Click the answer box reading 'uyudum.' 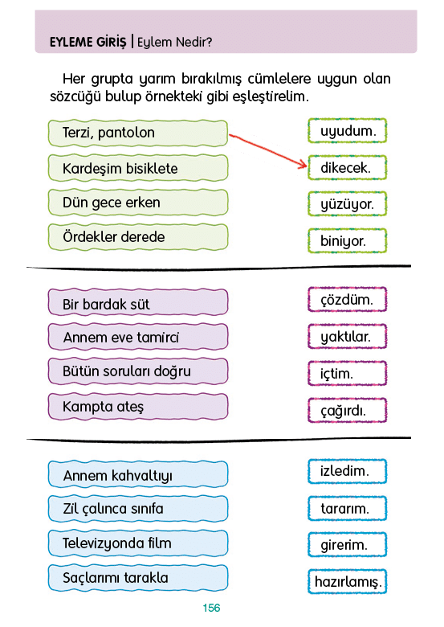click(x=348, y=131)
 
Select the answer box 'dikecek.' click(x=348, y=167)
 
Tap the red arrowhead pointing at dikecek click(x=303, y=164)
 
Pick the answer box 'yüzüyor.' click(x=348, y=204)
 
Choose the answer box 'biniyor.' click(x=348, y=240)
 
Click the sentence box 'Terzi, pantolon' click(x=138, y=133)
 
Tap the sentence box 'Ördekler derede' click(x=138, y=237)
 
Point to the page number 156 click(x=211, y=608)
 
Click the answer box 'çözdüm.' click(x=348, y=300)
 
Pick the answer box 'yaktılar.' click(x=348, y=336)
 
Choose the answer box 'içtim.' click(x=348, y=374)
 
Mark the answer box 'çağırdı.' click(x=348, y=410)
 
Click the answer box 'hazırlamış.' click(x=348, y=581)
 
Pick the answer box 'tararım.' click(x=348, y=508)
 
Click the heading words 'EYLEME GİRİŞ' click(x=88, y=42)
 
